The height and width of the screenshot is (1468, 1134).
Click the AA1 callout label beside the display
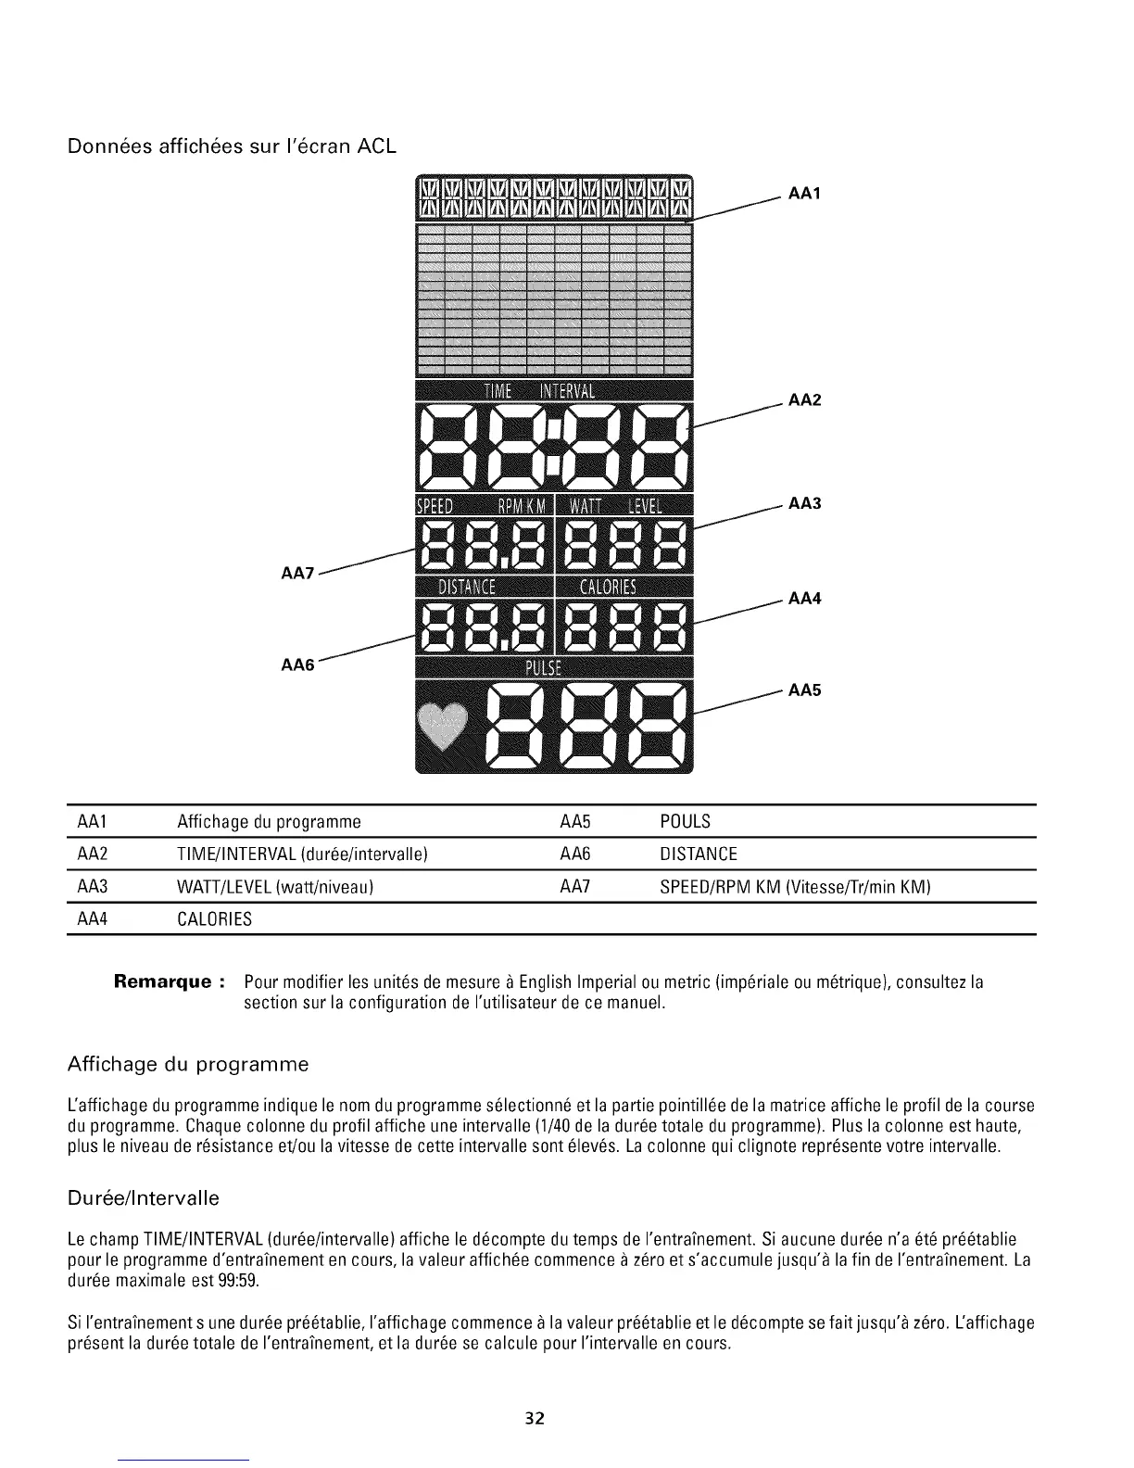point(805,194)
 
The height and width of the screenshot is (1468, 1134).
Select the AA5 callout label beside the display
point(805,690)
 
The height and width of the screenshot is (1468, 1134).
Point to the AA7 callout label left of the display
point(297,575)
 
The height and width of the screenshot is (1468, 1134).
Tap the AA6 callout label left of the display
point(297,664)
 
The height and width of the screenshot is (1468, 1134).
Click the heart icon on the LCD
point(444,726)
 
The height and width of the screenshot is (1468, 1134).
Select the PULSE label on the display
point(554,669)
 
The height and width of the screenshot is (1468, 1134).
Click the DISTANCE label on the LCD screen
point(467,587)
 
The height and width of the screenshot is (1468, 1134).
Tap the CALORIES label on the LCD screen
point(608,587)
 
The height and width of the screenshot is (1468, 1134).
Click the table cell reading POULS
point(685,822)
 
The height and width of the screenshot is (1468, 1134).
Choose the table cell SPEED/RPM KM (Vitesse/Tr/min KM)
point(794,887)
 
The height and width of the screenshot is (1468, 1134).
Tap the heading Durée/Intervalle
point(144,1198)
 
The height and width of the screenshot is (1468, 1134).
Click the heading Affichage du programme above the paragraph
point(187,1063)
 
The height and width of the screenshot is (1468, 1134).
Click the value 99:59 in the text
point(239,1281)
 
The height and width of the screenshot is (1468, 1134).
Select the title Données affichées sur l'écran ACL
point(232,146)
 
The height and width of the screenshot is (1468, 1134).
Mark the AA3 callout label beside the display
point(805,504)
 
